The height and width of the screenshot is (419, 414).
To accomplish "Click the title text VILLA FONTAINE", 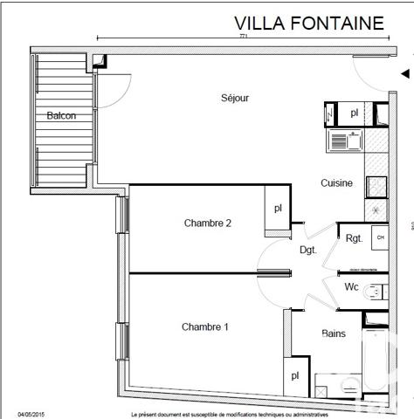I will click(308, 23).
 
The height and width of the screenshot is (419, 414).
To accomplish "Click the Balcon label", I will click(61, 115).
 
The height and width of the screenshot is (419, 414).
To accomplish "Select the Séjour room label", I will click(235, 98).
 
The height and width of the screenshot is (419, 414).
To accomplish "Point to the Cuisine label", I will click(336, 183).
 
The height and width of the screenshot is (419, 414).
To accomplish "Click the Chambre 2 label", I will click(207, 223).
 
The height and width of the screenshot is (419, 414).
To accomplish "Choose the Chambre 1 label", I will click(205, 327).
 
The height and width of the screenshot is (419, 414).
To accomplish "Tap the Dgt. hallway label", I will click(307, 250).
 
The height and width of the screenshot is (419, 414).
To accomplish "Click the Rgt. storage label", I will click(354, 237).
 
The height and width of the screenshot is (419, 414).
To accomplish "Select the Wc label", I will click(352, 286).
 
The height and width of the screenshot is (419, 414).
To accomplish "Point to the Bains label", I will click(333, 333).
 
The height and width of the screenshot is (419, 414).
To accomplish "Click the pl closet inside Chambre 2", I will click(278, 209).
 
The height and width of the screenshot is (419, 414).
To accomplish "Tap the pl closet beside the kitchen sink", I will click(354, 113).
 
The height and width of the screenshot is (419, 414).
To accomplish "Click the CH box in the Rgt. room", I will click(379, 237).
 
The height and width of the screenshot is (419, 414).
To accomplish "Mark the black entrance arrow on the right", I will click(404, 75).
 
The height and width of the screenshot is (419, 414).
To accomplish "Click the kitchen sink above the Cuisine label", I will click(346, 139).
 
